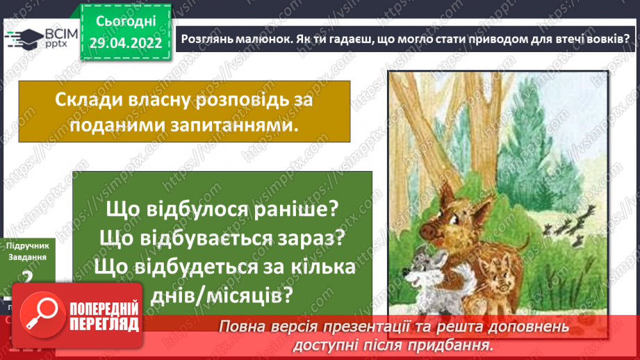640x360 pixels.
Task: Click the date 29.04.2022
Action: pos(125,44)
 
